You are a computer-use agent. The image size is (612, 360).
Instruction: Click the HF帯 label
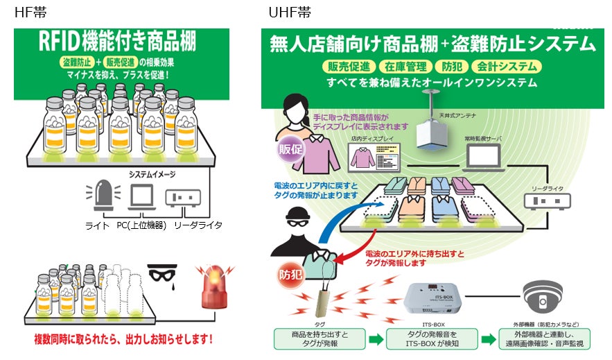(x=29, y=12)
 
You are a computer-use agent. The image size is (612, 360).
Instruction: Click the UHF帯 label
(x=290, y=12)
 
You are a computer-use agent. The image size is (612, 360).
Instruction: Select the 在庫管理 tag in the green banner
(x=405, y=67)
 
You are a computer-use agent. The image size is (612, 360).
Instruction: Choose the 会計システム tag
(x=506, y=67)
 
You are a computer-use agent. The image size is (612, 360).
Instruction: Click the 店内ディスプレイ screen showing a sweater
(x=372, y=160)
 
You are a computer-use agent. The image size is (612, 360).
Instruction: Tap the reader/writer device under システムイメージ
(x=183, y=198)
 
